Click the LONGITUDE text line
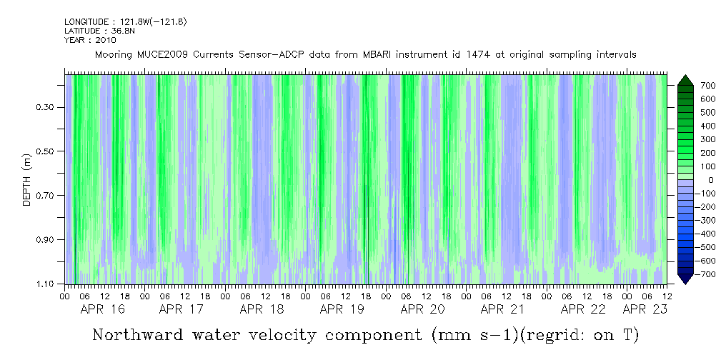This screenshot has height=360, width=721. coord(125,22)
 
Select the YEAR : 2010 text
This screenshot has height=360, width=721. coord(89,40)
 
